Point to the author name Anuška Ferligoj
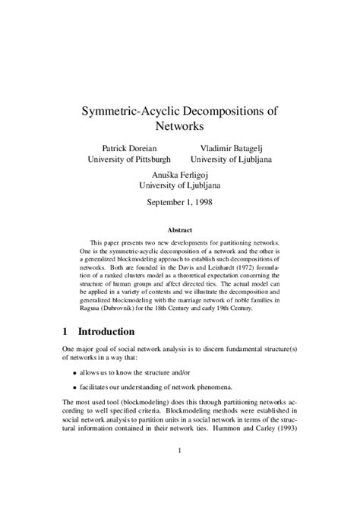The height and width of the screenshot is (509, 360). point(180,173)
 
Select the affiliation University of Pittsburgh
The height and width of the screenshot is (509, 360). point(129,160)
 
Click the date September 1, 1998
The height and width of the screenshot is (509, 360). point(180,202)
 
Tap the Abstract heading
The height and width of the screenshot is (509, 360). point(180,229)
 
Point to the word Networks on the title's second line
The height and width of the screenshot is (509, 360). point(180,126)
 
